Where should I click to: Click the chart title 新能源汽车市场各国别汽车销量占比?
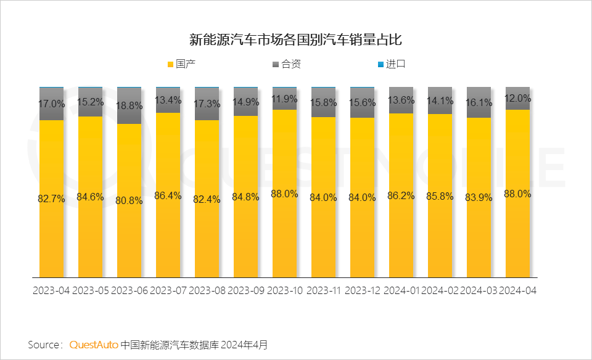pos(295,41)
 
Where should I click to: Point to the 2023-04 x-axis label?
pos(51,290)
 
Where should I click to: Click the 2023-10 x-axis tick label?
pos(284,290)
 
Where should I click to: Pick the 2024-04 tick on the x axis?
pos(517,290)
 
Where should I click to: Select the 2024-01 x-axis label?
pos(401,290)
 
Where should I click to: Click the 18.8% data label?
pos(129,105)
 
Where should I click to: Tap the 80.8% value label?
pos(129,200)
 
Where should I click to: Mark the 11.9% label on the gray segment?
pos(284,99)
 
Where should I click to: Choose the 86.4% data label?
pos(168,195)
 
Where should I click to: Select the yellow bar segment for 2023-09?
pos(245,234)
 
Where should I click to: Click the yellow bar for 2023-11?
pos(323,234)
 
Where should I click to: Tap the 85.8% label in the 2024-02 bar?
pos(440,197)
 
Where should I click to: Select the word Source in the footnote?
pos(43,344)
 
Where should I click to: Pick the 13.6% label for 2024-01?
pos(401,100)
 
